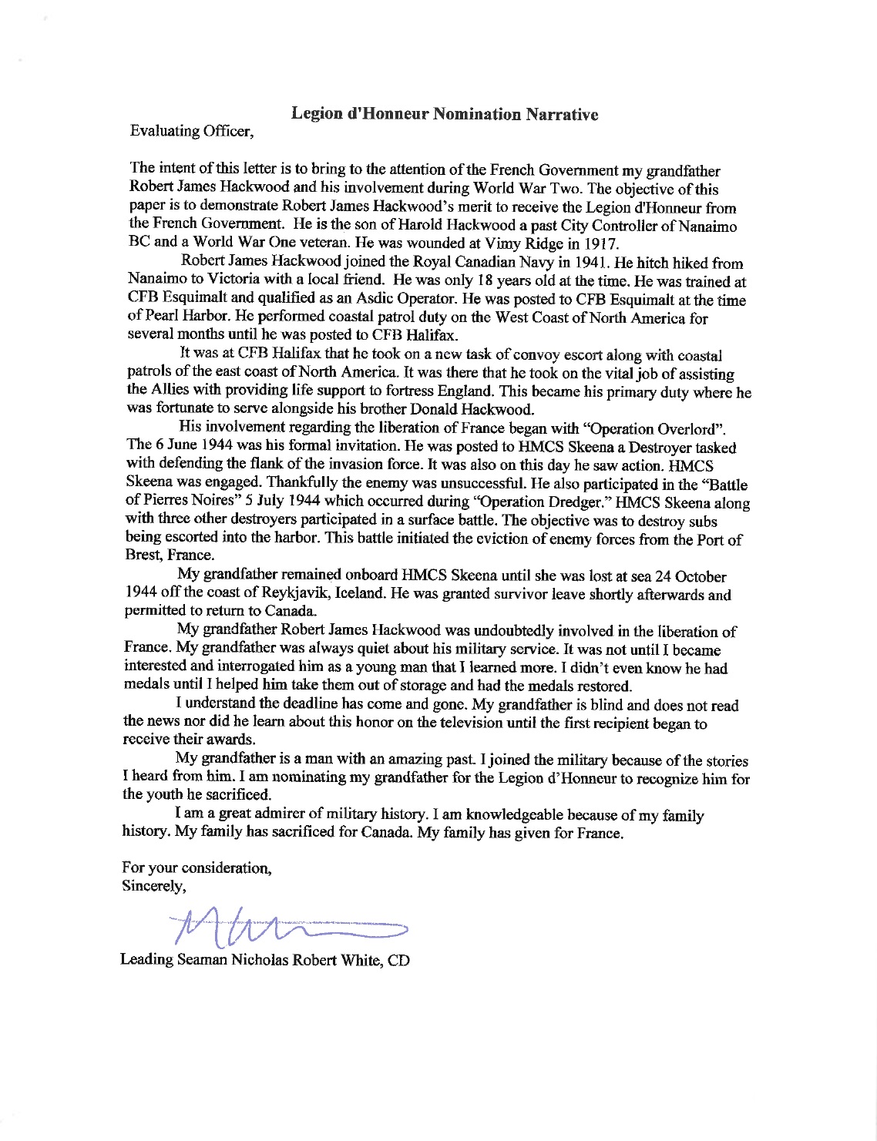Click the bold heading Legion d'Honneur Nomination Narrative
coord(445,114)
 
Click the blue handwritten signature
coord(285,928)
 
